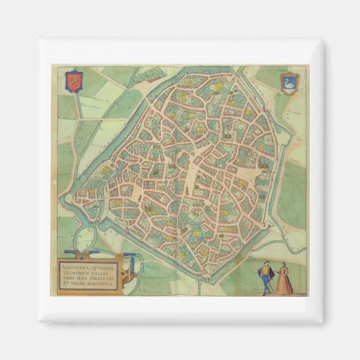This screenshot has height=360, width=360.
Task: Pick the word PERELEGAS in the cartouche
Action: click(x=101, y=279)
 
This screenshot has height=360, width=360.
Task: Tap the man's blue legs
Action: click(x=267, y=285)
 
